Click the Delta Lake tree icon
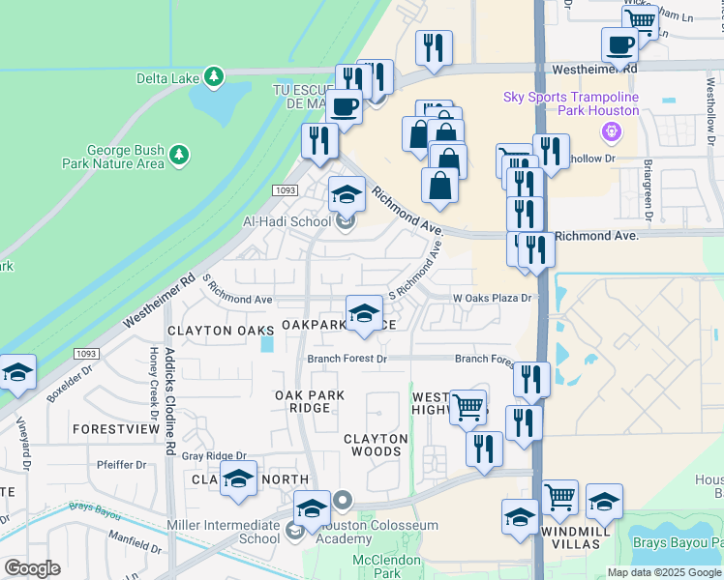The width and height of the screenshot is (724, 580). [x=214, y=75]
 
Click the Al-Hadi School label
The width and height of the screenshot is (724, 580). [x=287, y=221]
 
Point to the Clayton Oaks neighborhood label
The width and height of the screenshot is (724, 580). [x=211, y=330]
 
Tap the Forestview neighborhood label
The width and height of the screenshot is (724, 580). [x=115, y=428]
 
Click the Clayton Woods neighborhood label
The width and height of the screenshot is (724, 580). [x=376, y=445]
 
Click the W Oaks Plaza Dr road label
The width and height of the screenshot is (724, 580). [x=494, y=298]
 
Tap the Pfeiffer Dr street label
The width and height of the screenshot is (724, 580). [x=122, y=465]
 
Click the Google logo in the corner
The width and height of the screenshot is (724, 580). [x=32, y=567]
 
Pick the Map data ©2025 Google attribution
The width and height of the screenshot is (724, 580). [x=664, y=571]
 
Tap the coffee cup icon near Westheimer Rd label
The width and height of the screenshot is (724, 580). [x=619, y=44]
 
